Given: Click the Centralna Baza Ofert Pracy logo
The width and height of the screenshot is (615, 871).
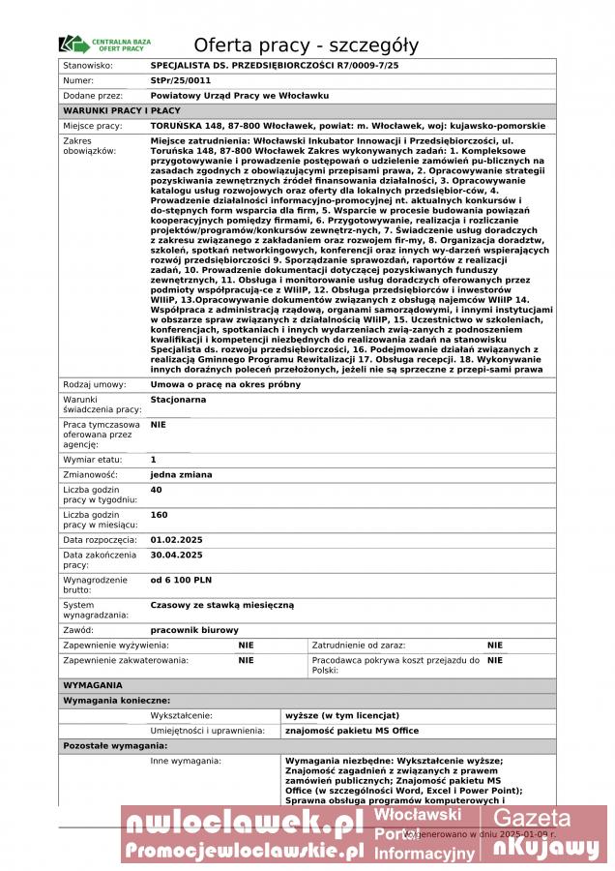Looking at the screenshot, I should (x=104, y=45).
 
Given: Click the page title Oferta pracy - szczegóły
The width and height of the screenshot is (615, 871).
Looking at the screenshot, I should (x=307, y=45).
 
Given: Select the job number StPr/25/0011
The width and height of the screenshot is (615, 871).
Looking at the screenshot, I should (x=181, y=80).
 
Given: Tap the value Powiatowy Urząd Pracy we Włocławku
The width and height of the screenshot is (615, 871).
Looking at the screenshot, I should (x=240, y=96).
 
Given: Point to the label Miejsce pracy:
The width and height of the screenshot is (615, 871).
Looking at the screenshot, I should (x=93, y=126).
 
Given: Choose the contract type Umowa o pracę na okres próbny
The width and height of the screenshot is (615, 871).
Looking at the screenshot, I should (x=225, y=384).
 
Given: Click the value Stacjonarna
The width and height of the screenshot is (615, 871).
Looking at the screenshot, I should (x=178, y=399).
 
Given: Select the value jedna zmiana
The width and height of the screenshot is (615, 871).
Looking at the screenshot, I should (x=181, y=474).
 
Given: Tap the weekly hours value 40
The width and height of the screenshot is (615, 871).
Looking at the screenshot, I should (x=156, y=490).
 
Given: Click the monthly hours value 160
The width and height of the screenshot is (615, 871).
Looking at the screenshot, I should (x=159, y=515).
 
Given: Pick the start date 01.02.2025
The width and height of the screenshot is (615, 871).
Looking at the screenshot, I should (x=176, y=539).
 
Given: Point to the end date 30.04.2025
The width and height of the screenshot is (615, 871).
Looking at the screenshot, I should (x=176, y=555).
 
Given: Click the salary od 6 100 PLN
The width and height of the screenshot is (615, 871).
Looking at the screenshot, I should (x=181, y=579).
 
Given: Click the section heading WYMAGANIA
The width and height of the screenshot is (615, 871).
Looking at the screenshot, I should (x=92, y=684).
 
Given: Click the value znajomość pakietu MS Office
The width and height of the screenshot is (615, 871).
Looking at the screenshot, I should (x=352, y=731).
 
